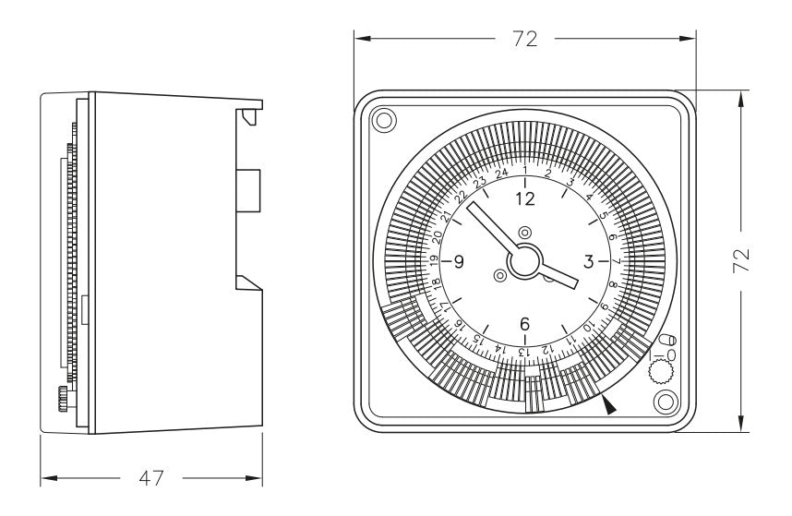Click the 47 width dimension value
pyautogui.click(x=151, y=477)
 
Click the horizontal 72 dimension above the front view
pyautogui.click(x=525, y=39)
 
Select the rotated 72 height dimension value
pyautogui.click(x=741, y=260)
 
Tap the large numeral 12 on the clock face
pyautogui.click(x=525, y=199)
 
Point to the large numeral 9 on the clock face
pyautogui.click(x=459, y=262)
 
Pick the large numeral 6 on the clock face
pyautogui.click(x=525, y=324)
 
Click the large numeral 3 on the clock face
pyautogui.click(x=588, y=262)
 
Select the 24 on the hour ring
pyautogui.click(x=501, y=174)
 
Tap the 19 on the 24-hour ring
pyautogui.click(x=434, y=261)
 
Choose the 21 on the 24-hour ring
pyautogui.click(x=446, y=218)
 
